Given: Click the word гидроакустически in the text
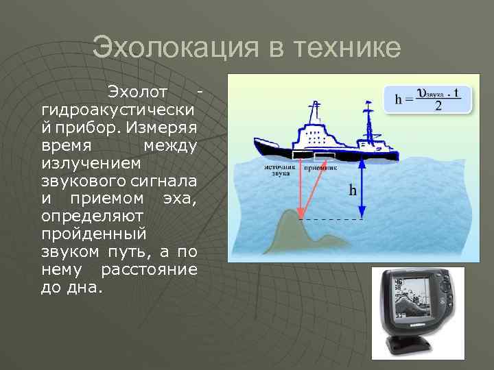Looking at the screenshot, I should tap(118, 110).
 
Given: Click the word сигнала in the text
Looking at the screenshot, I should tap(165, 181).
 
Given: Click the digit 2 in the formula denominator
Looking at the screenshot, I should tap(438, 106).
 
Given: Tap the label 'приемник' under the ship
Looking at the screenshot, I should tap(321, 166).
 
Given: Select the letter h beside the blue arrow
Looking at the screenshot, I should tap(352, 189).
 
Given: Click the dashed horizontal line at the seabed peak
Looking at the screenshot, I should tap(332, 219).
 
